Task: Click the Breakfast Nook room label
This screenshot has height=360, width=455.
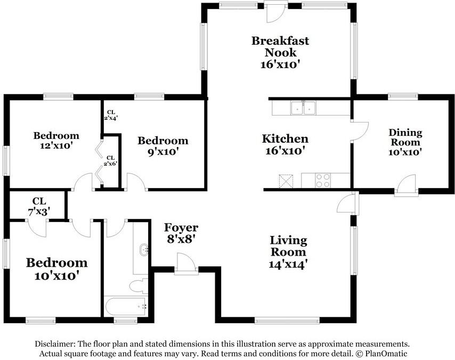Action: coord(280,53)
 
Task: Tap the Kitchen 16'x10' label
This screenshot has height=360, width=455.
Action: coord(285,144)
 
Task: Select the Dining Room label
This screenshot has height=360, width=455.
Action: coord(405,142)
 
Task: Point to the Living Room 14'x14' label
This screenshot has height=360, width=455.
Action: coord(288,252)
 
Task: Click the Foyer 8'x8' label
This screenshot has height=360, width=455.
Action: coord(181,233)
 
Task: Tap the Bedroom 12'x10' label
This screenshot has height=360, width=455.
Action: coord(56,140)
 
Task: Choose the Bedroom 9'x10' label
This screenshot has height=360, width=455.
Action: coord(163,146)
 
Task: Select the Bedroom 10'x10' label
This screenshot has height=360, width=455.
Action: coord(57,269)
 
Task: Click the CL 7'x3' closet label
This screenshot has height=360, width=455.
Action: coord(39,206)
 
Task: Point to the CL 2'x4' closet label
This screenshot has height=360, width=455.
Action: coord(111,115)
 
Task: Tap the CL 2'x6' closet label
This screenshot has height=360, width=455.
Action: coord(111,160)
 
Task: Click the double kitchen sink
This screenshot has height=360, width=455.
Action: coord(304,108)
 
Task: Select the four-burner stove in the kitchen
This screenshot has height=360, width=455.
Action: coord(323,181)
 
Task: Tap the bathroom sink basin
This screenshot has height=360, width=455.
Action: coord(144,250)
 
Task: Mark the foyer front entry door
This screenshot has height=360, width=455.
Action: coord(186,264)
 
